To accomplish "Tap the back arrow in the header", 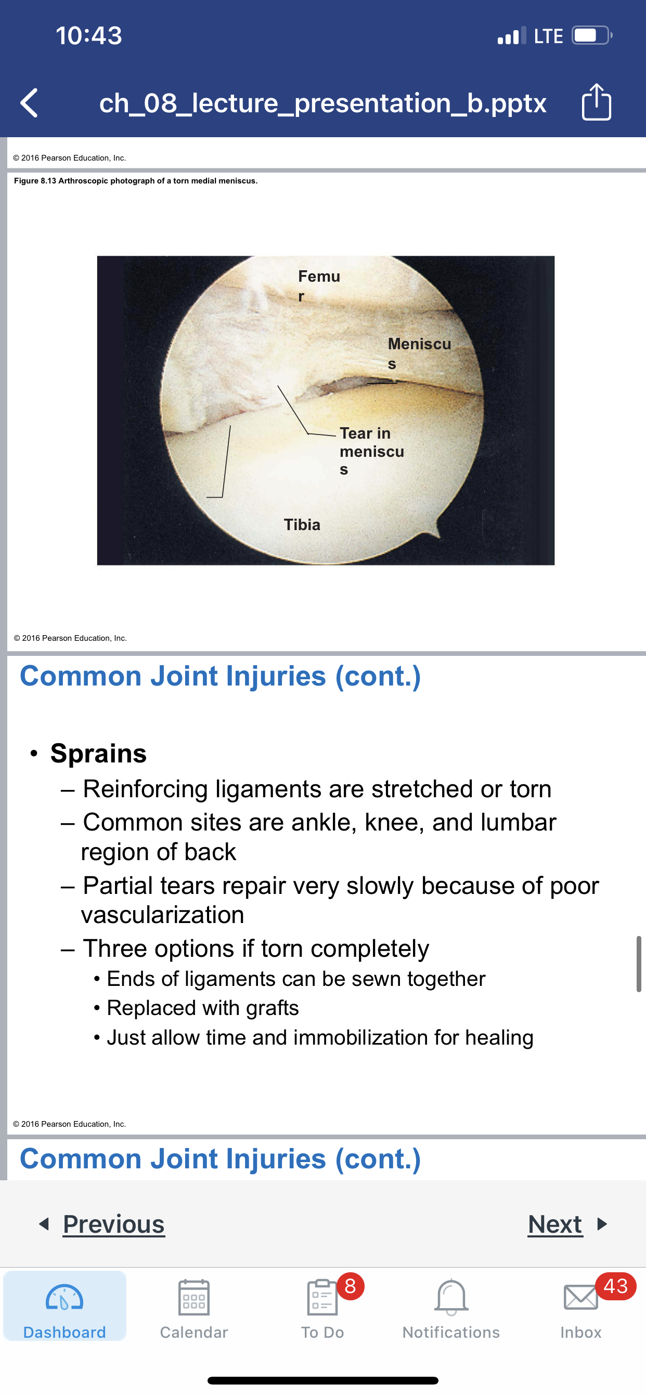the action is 29,103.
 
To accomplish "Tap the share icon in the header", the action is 596,101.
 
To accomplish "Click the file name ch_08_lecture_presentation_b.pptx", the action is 322,102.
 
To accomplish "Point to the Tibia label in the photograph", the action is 302,524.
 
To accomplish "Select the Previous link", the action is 113,1224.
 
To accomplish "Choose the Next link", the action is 555,1224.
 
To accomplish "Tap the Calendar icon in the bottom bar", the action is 194,1297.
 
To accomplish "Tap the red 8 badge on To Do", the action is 350,1286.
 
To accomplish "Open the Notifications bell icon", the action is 451,1297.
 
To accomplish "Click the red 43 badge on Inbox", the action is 616,1286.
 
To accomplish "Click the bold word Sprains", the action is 98,753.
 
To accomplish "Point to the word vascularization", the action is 163,915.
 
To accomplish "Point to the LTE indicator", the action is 548,36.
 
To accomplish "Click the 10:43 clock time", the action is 89,36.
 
